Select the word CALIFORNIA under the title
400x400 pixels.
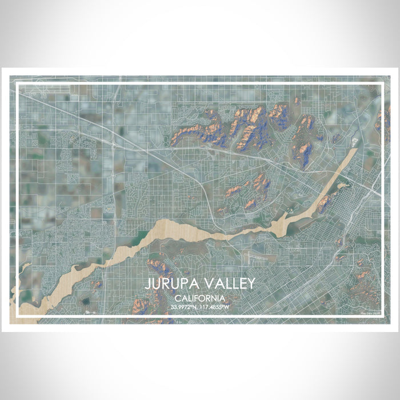199,298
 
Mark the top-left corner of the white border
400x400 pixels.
18,85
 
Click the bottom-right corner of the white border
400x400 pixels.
382,316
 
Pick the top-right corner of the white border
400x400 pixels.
382,85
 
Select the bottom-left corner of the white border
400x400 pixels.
18,316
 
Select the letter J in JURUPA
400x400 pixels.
147,284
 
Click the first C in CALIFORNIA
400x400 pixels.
178,298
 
